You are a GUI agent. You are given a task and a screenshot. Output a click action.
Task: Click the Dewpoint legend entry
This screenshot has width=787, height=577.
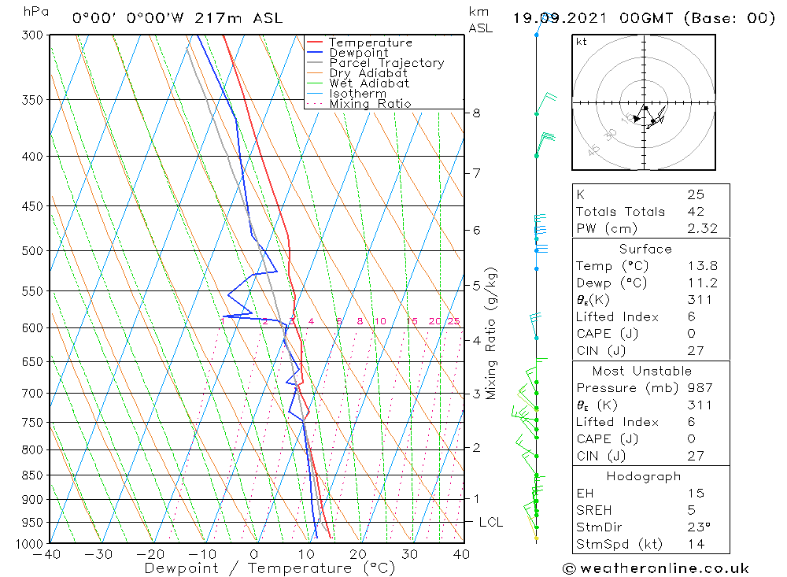(x=358, y=53)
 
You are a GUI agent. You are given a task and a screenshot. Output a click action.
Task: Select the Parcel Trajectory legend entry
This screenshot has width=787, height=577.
(x=386, y=63)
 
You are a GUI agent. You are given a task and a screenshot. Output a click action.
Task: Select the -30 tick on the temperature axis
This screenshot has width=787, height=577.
(x=99, y=554)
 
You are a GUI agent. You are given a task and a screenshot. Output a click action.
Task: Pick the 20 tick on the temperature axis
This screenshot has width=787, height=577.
(x=358, y=554)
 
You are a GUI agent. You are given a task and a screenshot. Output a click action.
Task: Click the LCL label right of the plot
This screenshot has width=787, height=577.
(x=490, y=522)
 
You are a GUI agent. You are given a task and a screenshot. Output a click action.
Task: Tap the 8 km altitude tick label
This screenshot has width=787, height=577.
(x=476, y=113)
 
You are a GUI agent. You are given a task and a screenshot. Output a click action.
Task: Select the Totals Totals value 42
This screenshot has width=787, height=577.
(x=695, y=212)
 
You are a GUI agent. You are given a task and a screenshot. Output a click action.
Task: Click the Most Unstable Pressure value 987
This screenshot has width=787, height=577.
(x=700, y=388)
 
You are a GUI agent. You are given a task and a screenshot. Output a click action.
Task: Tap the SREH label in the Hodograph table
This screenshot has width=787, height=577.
(x=593, y=511)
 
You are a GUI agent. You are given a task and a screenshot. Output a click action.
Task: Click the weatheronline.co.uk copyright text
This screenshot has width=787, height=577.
(x=656, y=568)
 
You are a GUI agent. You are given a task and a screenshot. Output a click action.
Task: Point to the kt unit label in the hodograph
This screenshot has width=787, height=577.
(x=582, y=42)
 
